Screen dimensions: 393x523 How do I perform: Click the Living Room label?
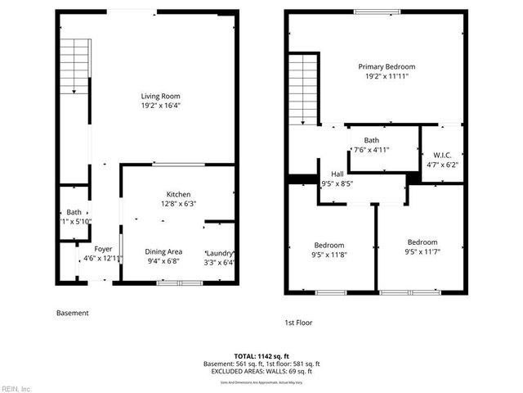pos(161,96)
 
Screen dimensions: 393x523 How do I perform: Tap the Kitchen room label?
pos(179,194)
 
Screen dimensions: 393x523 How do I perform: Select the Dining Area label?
pos(163,251)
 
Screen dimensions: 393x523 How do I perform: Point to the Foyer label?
pos(103,249)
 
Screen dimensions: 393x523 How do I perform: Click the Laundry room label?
pos(220,252)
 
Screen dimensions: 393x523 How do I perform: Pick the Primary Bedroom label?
pos(387,66)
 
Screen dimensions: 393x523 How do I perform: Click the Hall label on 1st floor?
pos(337,174)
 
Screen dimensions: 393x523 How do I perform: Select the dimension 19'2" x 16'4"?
pos(161,106)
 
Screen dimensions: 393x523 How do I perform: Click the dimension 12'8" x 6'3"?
pos(179,204)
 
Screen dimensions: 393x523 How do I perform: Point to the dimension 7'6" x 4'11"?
pos(372,150)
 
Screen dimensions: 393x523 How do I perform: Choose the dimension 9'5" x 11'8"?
pos(330,255)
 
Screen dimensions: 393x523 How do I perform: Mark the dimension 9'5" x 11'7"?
pos(422,252)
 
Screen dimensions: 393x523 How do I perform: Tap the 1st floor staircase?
pos(303,88)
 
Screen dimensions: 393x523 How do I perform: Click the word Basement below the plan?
pos(72,313)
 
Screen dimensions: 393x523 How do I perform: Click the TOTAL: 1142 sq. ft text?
pos(261,355)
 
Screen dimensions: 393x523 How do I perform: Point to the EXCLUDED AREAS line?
pos(261,372)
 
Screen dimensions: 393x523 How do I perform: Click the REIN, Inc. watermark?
pos(16,387)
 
